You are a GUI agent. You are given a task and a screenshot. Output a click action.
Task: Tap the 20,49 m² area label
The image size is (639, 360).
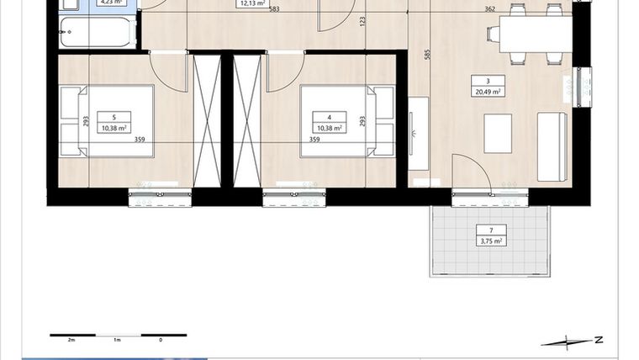click(x=488, y=91)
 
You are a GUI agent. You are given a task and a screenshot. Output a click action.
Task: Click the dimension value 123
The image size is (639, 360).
click(x=363, y=20)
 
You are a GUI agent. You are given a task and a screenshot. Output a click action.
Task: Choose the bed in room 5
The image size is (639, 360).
click(x=108, y=122)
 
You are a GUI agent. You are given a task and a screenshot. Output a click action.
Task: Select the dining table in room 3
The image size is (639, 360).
click(x=535, y=34)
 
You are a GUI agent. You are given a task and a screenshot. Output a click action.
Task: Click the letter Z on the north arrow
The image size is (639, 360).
click(x=597, y=340)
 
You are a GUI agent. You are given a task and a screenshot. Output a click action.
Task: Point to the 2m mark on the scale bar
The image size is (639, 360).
click(x=71, y=340)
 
